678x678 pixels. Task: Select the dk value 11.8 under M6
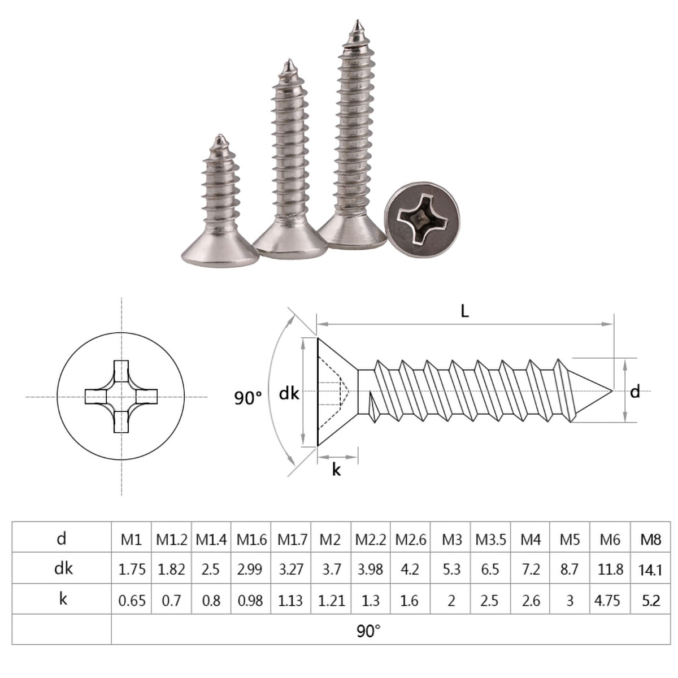click(x=610, y=570)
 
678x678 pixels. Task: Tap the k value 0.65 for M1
click(x=131, y=601)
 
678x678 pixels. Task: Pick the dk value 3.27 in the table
click(x=291, y=570)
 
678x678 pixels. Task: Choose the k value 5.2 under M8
click(x=651, y=601)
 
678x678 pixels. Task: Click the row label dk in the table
click(x=63, y=568)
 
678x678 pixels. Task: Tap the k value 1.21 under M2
click(x=331, y=601)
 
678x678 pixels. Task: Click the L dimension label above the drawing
click(x=464, y=311)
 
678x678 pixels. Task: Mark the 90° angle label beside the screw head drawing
click(x=248, y=397)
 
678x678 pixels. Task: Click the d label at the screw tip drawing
click(x=635, y=392)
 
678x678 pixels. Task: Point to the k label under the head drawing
click(x=336, y=470)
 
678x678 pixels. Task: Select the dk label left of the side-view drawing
click(x=289, y=393)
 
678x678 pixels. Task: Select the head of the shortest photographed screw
click(x=220, y=249)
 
